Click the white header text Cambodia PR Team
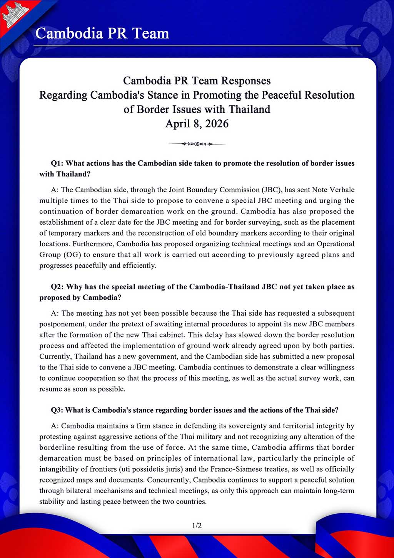click(x=102, y=34)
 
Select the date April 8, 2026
click(x=197, y=124)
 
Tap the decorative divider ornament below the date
click(x=197, y=144)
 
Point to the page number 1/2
click(x=197, y=525)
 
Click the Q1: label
click(x=57, y=163)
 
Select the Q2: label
click(x=57, y=287)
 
